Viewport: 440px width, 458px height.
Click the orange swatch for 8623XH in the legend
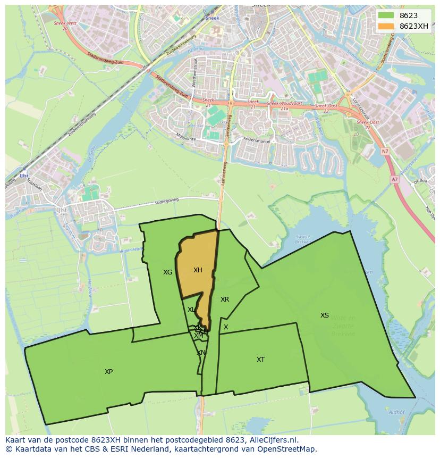pos(386,26)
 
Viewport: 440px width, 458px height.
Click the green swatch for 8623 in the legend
pos(386,15)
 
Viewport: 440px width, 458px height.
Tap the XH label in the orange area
pos(198,270)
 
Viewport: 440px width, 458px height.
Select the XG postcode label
pos(167,272)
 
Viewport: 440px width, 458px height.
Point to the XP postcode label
pos(108,372)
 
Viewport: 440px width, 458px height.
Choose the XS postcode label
pos(324,315)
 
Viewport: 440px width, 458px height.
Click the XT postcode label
pos(260,360)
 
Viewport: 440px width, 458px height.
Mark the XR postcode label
pos(225,299)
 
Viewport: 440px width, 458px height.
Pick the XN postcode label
pos(201,353)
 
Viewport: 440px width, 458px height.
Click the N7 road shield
pos(385,152)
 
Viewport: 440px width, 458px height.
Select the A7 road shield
pos(394,180)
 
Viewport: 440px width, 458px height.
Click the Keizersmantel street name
pos(257,141)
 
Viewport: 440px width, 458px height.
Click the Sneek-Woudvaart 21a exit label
pos(281,105)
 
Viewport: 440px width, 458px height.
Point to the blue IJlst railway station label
pos(23,175)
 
